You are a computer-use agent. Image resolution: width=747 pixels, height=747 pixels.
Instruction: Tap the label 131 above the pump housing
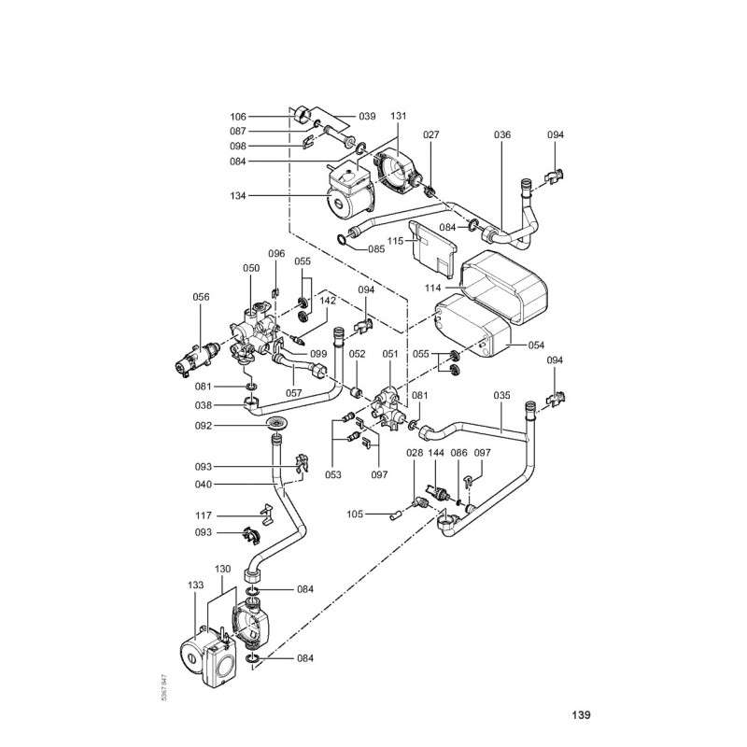pos(399,117)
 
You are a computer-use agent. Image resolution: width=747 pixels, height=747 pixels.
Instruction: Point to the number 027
pos(430,135)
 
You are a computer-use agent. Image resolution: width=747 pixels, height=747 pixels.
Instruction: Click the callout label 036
pos(502,135)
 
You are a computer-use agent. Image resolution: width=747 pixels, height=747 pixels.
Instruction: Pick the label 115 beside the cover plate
pos(395,241)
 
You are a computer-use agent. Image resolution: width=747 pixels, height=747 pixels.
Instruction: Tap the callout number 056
pos(201,297)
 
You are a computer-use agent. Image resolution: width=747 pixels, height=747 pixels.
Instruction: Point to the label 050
pos(250,268)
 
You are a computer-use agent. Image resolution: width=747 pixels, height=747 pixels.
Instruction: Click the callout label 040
pos(229,484)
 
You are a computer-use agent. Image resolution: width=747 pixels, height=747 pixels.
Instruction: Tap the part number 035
pos(502,395)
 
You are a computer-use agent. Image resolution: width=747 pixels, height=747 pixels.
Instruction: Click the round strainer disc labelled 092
pos(275,427)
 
